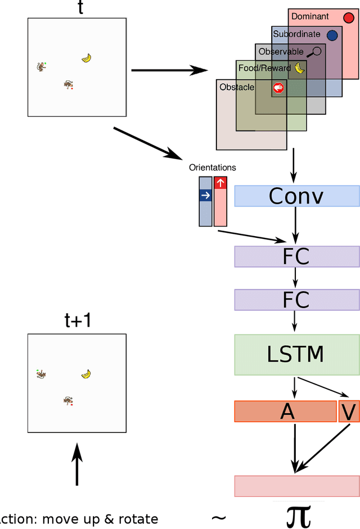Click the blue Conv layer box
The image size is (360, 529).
coord(296,196)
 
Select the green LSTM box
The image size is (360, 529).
coord(296,355)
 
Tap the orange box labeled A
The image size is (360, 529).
coord(285,412)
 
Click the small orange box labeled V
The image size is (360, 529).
coord(348,412)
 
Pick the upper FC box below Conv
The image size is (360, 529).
coord(296,256)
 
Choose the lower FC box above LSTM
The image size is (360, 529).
coord(296,300)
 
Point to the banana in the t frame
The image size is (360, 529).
coord(86,57)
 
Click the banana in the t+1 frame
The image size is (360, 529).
coord(86,373)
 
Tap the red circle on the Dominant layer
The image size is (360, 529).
coord(348,18)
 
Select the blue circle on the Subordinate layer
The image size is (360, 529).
coord(332,35)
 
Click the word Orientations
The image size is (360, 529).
coord(213,168)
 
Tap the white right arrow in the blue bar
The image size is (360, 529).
coord(205,195)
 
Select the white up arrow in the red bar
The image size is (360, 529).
coord(220,183)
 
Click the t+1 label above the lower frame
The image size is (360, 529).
coord(77,320)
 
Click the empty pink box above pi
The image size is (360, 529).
coord(296,486)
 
